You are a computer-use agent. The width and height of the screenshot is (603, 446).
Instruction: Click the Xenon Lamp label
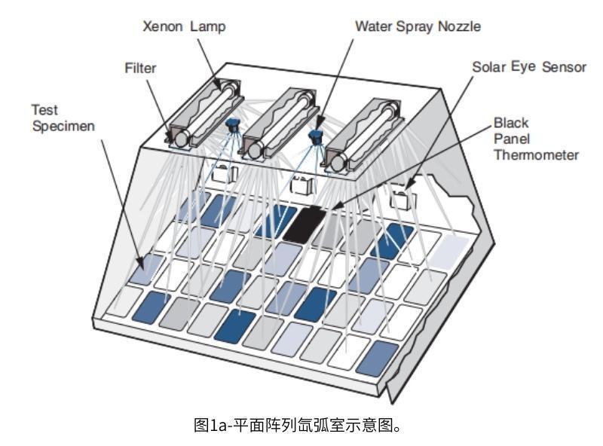coord(185,26)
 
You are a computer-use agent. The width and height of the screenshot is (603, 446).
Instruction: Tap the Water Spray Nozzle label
coord(418,26)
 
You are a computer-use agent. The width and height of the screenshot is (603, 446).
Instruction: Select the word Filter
coord(140,68)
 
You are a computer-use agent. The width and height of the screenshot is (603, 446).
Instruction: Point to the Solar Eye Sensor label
coord(529,67)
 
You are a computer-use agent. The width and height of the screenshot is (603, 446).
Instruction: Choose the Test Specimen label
coord(62,118)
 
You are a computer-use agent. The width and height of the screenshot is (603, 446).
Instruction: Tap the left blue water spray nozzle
coord(234,128)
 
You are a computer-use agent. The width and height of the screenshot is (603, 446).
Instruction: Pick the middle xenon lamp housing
coord(277,122)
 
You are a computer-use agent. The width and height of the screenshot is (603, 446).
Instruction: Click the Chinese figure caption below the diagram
coord(301,426)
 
